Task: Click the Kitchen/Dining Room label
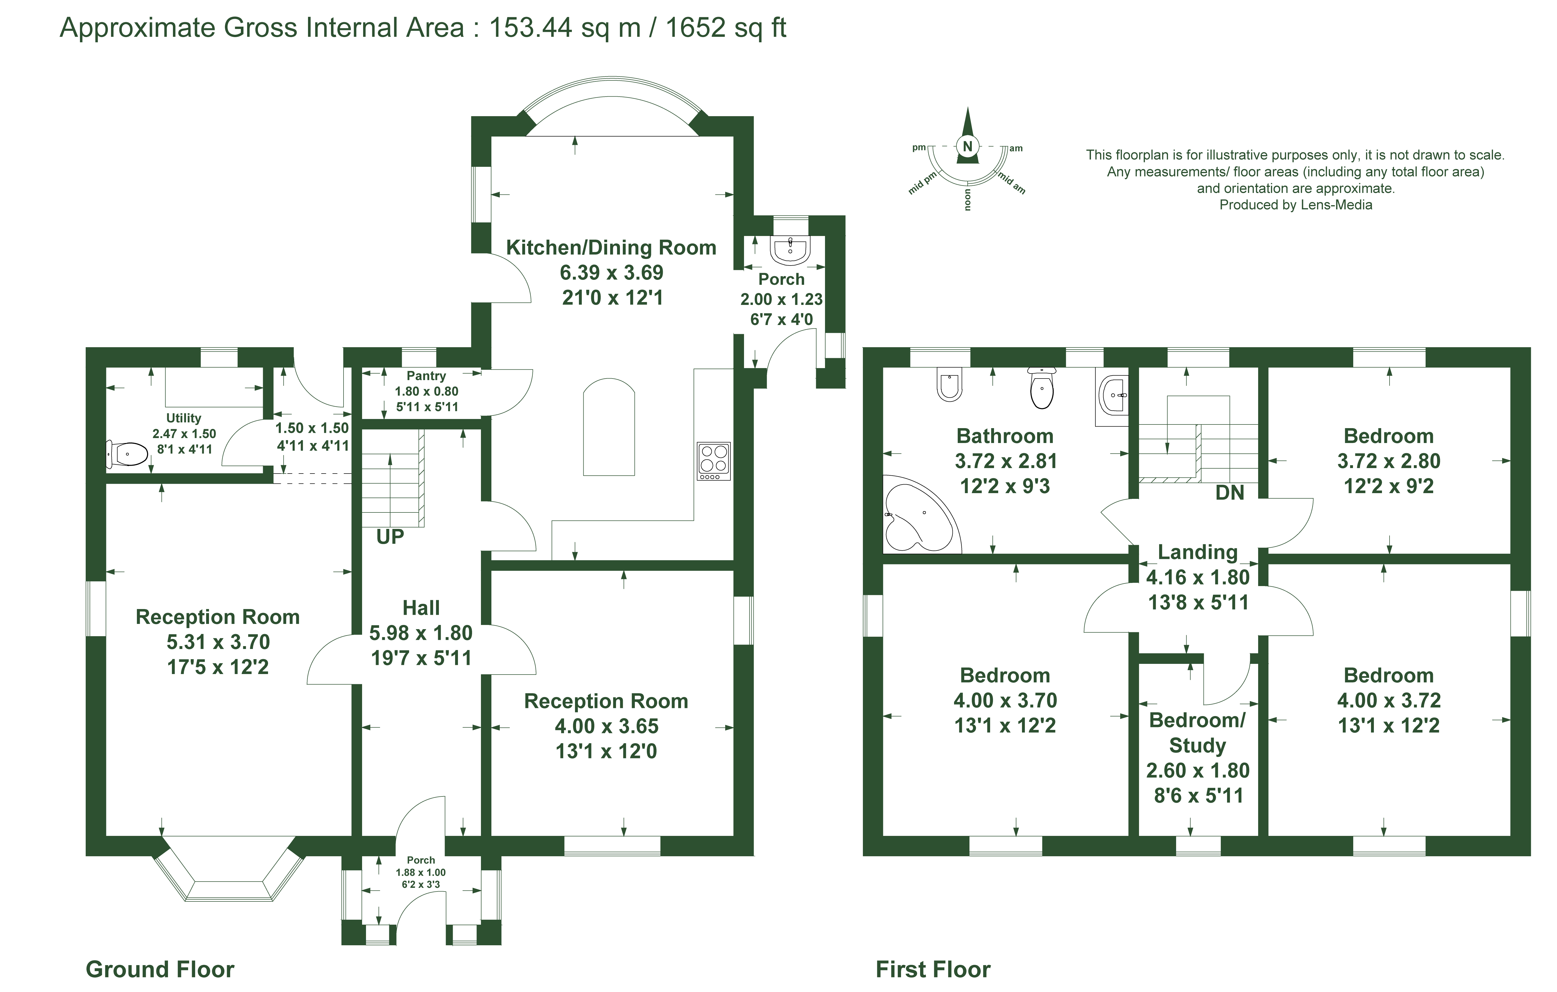611,247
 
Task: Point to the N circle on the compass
967,146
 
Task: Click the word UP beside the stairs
390,536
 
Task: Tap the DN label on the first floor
1229,492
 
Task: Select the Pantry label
426,375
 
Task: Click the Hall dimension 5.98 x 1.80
421,633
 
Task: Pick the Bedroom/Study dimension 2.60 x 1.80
1198,770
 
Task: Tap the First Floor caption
932,969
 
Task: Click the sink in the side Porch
790,250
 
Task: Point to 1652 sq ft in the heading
725,28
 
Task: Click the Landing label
1198,552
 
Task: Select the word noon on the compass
968,200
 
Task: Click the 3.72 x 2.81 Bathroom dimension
1006,461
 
